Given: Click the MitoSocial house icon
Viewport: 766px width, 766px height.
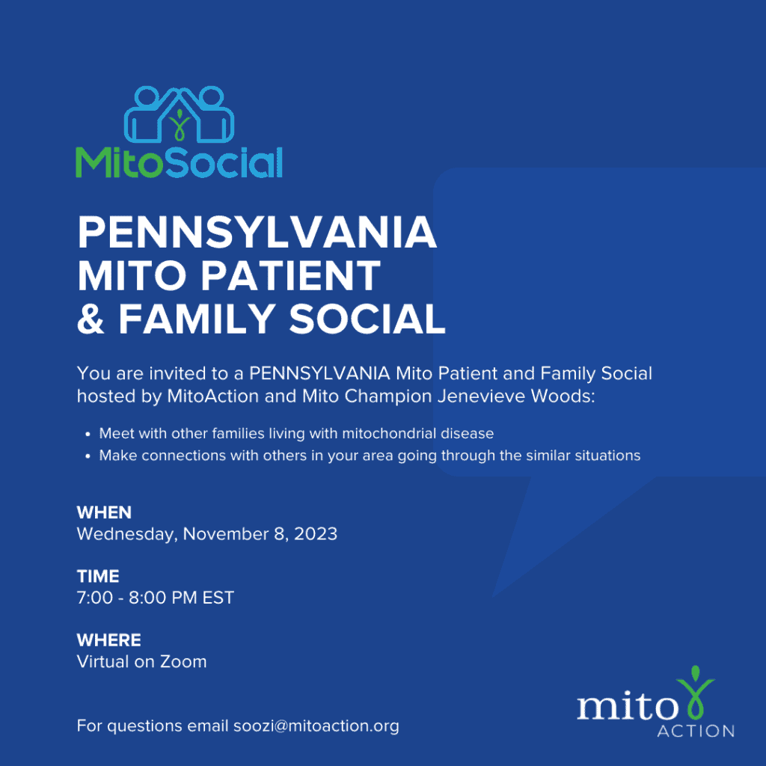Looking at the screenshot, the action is tap(180, 115).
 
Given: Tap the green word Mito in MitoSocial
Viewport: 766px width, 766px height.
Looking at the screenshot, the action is tap(119, 162).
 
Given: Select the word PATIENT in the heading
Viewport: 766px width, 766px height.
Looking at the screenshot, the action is tap(290, 275).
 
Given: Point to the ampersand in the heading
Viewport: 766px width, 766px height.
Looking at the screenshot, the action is tap(91, 319).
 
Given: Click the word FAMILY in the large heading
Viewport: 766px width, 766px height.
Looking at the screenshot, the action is tap(197, 319).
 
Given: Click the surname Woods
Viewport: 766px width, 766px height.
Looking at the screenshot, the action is tap(563, 396).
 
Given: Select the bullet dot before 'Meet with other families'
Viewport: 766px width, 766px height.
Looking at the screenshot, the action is tap(88, 434).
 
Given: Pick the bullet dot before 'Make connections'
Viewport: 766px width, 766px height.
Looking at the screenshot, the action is tap(88, 456).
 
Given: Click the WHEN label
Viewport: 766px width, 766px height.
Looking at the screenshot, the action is tap(104, 512).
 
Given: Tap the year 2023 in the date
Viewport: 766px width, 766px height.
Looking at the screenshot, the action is tap(316, 534).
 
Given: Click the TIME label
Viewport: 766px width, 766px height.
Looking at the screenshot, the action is tap(98, 577).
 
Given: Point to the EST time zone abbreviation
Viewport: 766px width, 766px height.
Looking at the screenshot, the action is tap(218, 598).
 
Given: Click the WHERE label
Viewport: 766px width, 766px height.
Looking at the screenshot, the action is tap(109, 640).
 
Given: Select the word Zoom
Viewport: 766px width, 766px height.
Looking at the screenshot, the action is tap(184, 662).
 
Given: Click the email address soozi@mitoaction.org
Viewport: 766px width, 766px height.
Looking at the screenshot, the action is tap(316, 726).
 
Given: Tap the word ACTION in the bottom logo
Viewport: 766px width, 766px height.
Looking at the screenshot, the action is tap(696, 732).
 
